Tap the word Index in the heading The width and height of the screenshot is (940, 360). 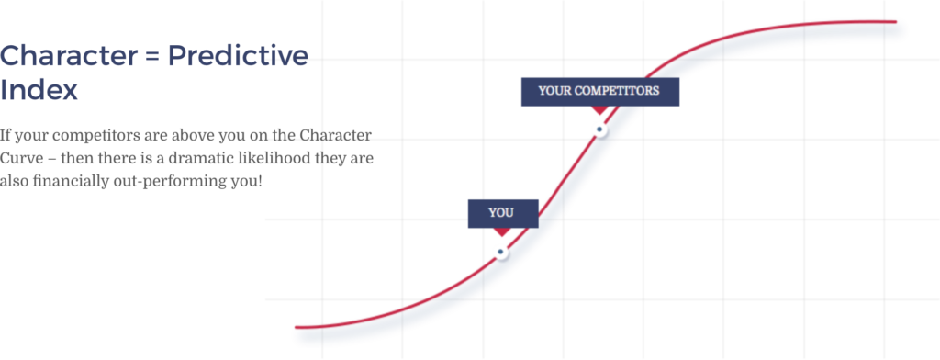39,91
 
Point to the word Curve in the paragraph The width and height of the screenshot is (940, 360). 22,158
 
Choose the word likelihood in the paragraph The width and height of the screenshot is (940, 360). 284,158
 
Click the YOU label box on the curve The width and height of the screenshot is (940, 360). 501,213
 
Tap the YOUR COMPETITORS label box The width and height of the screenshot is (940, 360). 599,91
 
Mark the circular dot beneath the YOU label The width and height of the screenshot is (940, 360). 500,252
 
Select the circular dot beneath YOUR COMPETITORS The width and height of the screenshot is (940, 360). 599,129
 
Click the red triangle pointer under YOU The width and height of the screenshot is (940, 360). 501,231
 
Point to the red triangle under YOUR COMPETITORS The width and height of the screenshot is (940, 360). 599,109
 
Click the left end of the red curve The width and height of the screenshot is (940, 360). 297,326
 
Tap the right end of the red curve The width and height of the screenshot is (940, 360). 894,21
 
